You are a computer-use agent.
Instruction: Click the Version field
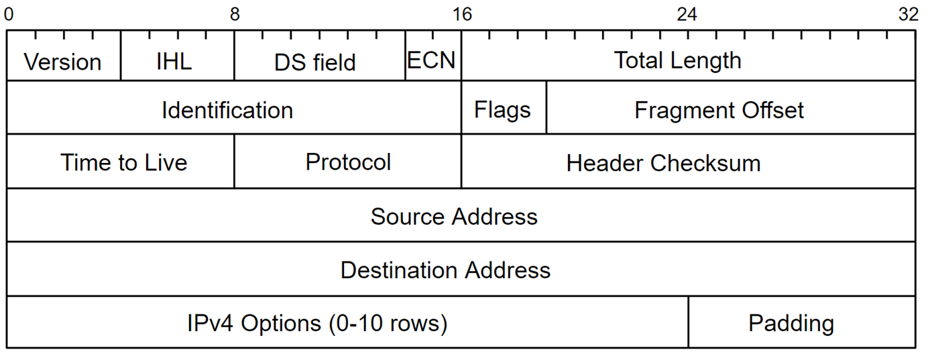click(64, 56)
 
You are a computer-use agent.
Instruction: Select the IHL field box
click(177, 56)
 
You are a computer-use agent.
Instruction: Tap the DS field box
click(320, 56)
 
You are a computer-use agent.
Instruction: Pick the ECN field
click(433, 56)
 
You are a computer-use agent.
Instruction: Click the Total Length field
click(689, 56)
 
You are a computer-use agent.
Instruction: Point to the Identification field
click(234, 107)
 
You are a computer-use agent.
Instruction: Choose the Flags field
click(504, 107)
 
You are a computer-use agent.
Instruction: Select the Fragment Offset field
click(731, 107)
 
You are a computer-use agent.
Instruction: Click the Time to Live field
click(120, 161)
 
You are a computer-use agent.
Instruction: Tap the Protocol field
click(347, 161)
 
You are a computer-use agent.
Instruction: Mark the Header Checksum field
click(689, 161)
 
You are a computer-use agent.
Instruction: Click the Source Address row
click(461, 215)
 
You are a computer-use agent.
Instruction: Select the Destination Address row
click(461, 269)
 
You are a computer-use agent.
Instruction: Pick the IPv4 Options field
click(347, 322)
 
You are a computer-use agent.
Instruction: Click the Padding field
click(802, 322)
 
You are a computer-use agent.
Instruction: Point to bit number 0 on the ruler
click(9, 15)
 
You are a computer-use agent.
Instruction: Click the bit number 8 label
click(235, 15)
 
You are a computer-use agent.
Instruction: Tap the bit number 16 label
click(462, 15)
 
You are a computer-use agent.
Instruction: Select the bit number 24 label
click(687, 15)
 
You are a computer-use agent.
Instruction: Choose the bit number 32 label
click(908, 15)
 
